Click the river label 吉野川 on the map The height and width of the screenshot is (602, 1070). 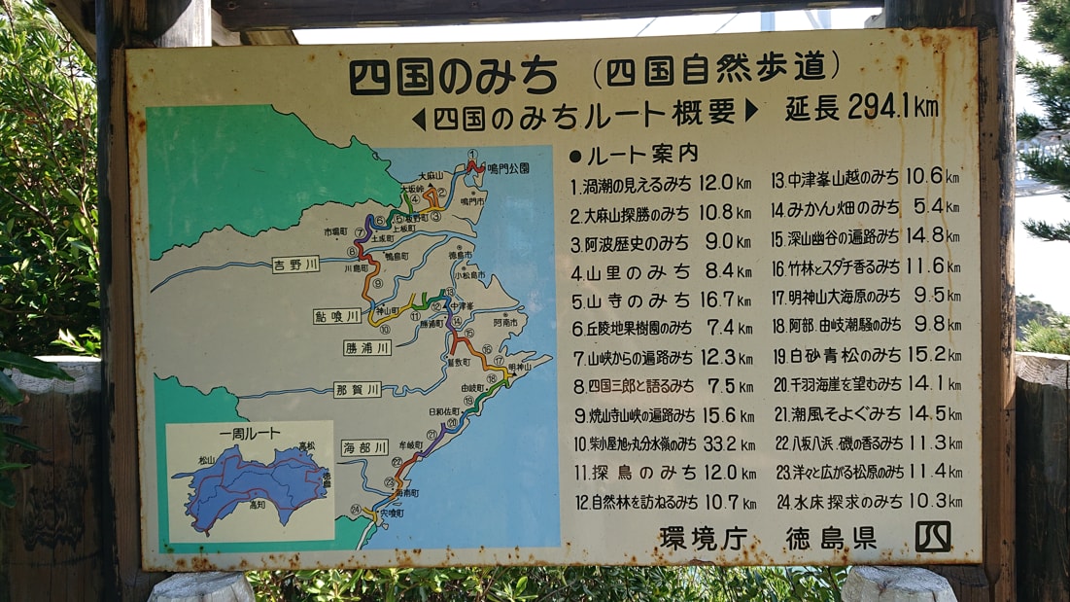click(295, 265)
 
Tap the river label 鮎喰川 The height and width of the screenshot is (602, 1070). click(336, 316)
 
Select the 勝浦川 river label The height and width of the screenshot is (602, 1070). click(367, 347)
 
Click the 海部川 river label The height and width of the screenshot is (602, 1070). click(364, 447)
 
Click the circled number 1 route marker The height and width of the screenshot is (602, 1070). click(472, 155)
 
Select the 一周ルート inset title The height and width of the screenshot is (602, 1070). click(250, 434)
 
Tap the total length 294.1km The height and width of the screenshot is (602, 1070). click(862, 107)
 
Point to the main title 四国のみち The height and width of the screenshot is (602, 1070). click(453, 74)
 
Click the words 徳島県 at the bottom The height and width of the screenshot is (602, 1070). click(831, 538)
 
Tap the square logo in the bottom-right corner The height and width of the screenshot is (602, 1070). click(932, 536)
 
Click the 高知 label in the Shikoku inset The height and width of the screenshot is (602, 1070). click(257, 506)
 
